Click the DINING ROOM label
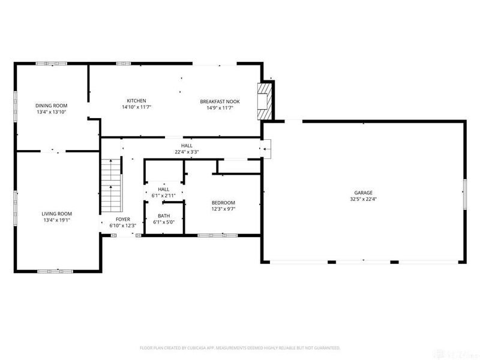[52, 106]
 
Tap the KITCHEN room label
[136, 101]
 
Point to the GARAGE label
[362, 193]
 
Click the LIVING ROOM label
[57, 214]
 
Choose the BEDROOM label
[223, 203]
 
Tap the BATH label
[164, 216]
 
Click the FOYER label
[123, 220]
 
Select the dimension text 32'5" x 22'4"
[362, 199]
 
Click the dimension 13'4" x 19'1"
[57, 220]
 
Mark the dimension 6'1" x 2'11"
[164, 196]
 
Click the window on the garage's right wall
[465, 193]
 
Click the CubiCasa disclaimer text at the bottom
[240, 348]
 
